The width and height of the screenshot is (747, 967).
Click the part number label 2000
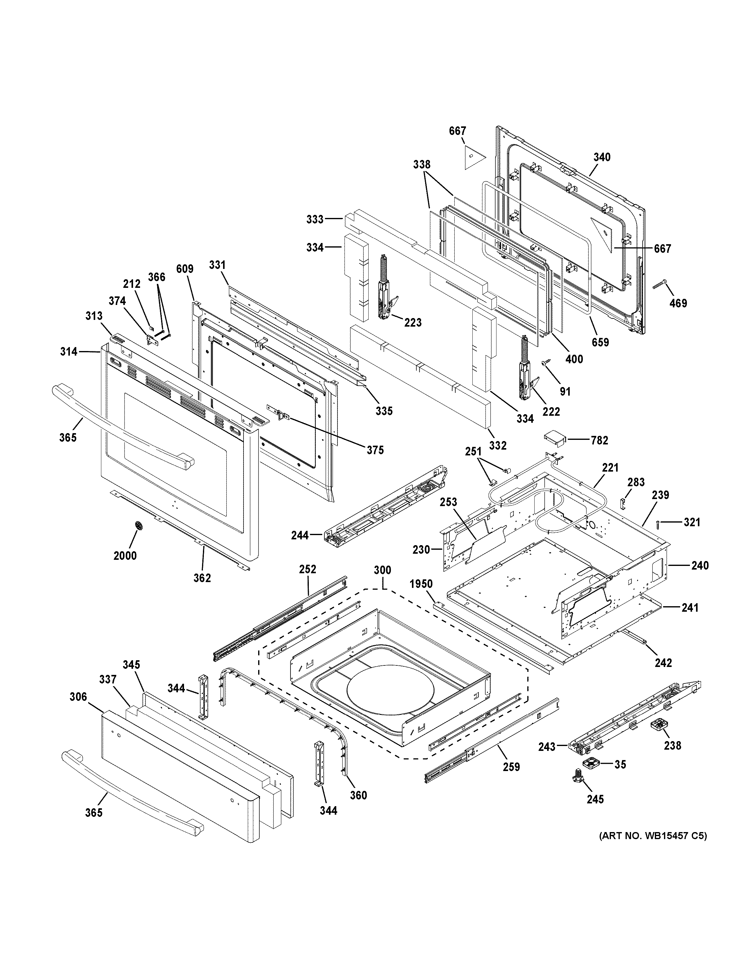125,555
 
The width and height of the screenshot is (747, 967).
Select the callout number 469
678,303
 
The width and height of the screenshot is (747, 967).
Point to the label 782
599,440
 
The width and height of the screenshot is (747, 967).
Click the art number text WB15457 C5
653,836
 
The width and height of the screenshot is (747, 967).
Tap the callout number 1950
421,584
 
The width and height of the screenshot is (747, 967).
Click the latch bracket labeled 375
279,414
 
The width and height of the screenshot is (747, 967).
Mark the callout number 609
185,269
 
